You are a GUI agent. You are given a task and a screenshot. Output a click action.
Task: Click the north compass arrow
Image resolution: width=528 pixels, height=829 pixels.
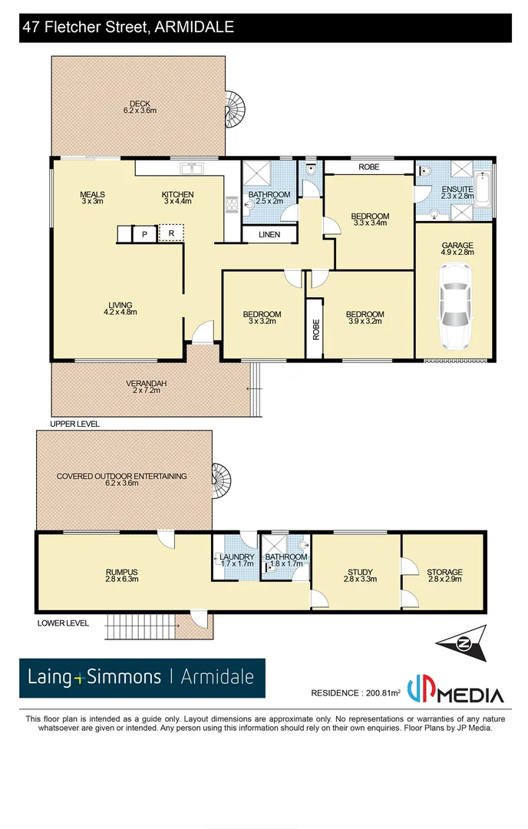pyautogui.click(x=462, y=642)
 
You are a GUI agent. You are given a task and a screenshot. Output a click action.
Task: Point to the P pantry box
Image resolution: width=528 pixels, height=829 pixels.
pyautogui.click(x=144, y=233)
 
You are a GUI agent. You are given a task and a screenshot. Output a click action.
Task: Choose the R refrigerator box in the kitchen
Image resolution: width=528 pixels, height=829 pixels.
pyautogui.click(x=171, y=233)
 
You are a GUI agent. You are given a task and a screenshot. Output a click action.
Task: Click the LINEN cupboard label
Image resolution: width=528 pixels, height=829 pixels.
pyautogui.click(x=269, y=235)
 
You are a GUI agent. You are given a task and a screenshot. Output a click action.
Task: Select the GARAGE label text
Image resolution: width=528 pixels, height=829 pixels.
pyautogui.click(x=457, y=246)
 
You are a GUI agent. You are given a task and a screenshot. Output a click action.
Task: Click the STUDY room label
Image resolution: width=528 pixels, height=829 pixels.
pyautogui.click(x=360, y=572)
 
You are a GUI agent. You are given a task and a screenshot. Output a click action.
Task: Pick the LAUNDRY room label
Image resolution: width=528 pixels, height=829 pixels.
pyautogui.click(x=236, y=557)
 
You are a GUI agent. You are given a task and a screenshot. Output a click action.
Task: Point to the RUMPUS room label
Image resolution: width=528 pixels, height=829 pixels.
pyautogui.click(x=121, y=572)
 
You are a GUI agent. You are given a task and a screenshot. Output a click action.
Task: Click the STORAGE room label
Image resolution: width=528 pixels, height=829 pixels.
pyautogui.click(x=445, y=572)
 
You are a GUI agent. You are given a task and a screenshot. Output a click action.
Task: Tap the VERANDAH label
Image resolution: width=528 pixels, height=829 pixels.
pyautogui.click(x=147, y=383)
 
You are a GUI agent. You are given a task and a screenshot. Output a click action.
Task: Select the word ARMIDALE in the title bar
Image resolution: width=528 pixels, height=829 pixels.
pyautogui.click(x=195, y=28)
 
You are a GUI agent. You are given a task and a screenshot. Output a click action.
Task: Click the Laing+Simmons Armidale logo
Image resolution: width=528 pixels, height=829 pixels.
pyautogui.click(x=142, y=677)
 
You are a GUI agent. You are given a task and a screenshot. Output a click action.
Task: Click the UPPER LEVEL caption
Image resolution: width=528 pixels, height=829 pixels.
pyautogui.click(x=74, y=424)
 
